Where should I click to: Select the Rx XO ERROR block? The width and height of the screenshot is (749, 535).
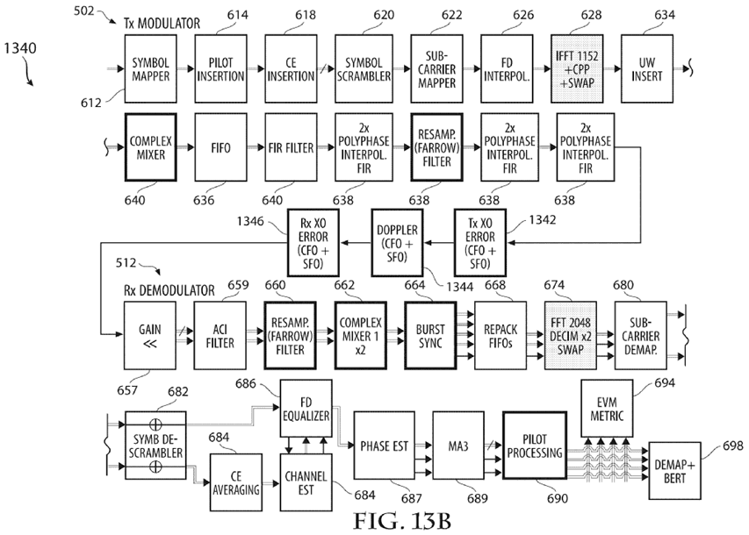coord(317,243)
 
